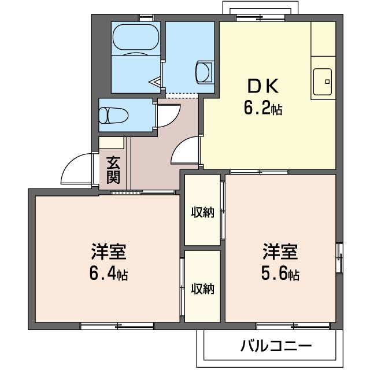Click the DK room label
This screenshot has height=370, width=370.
point(264,87)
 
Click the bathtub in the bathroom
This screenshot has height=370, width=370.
point(135,40)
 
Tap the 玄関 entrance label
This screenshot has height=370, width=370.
point(113,169)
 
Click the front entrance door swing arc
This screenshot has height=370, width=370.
point(75,168)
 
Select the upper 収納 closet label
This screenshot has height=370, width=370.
point(203,212)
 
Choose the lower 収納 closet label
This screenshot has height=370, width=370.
point(203,288)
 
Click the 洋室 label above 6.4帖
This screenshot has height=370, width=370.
point(109,253)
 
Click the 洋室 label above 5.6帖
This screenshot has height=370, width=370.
point(281,253)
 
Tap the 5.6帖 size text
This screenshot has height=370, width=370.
point(281,275)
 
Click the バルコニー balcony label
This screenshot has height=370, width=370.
point(276,346)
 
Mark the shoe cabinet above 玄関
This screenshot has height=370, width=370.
point(112,143)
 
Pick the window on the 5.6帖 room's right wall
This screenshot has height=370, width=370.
point(339,256)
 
